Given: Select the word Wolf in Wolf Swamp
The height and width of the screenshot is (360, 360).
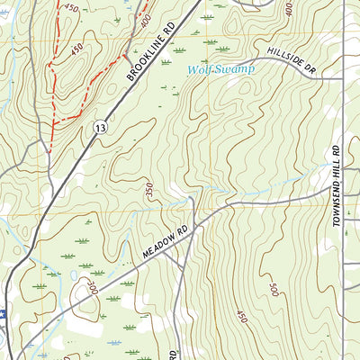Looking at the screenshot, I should [202, 70].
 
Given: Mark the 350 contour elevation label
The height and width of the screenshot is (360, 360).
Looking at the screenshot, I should [147, 192].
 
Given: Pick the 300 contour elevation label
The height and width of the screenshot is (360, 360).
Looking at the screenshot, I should [92, 288].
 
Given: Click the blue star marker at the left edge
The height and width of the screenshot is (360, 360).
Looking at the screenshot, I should [3, 314].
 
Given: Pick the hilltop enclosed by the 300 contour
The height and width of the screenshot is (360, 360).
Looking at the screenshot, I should [86, 306].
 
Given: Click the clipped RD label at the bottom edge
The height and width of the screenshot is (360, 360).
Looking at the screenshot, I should [173, 352].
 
